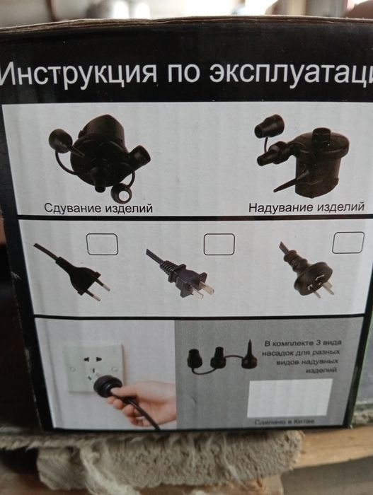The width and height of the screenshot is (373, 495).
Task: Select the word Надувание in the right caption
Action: [277, 209]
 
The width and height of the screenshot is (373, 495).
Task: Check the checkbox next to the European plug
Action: [102, 244]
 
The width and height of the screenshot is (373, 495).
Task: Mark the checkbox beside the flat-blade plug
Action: [219, 243]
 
